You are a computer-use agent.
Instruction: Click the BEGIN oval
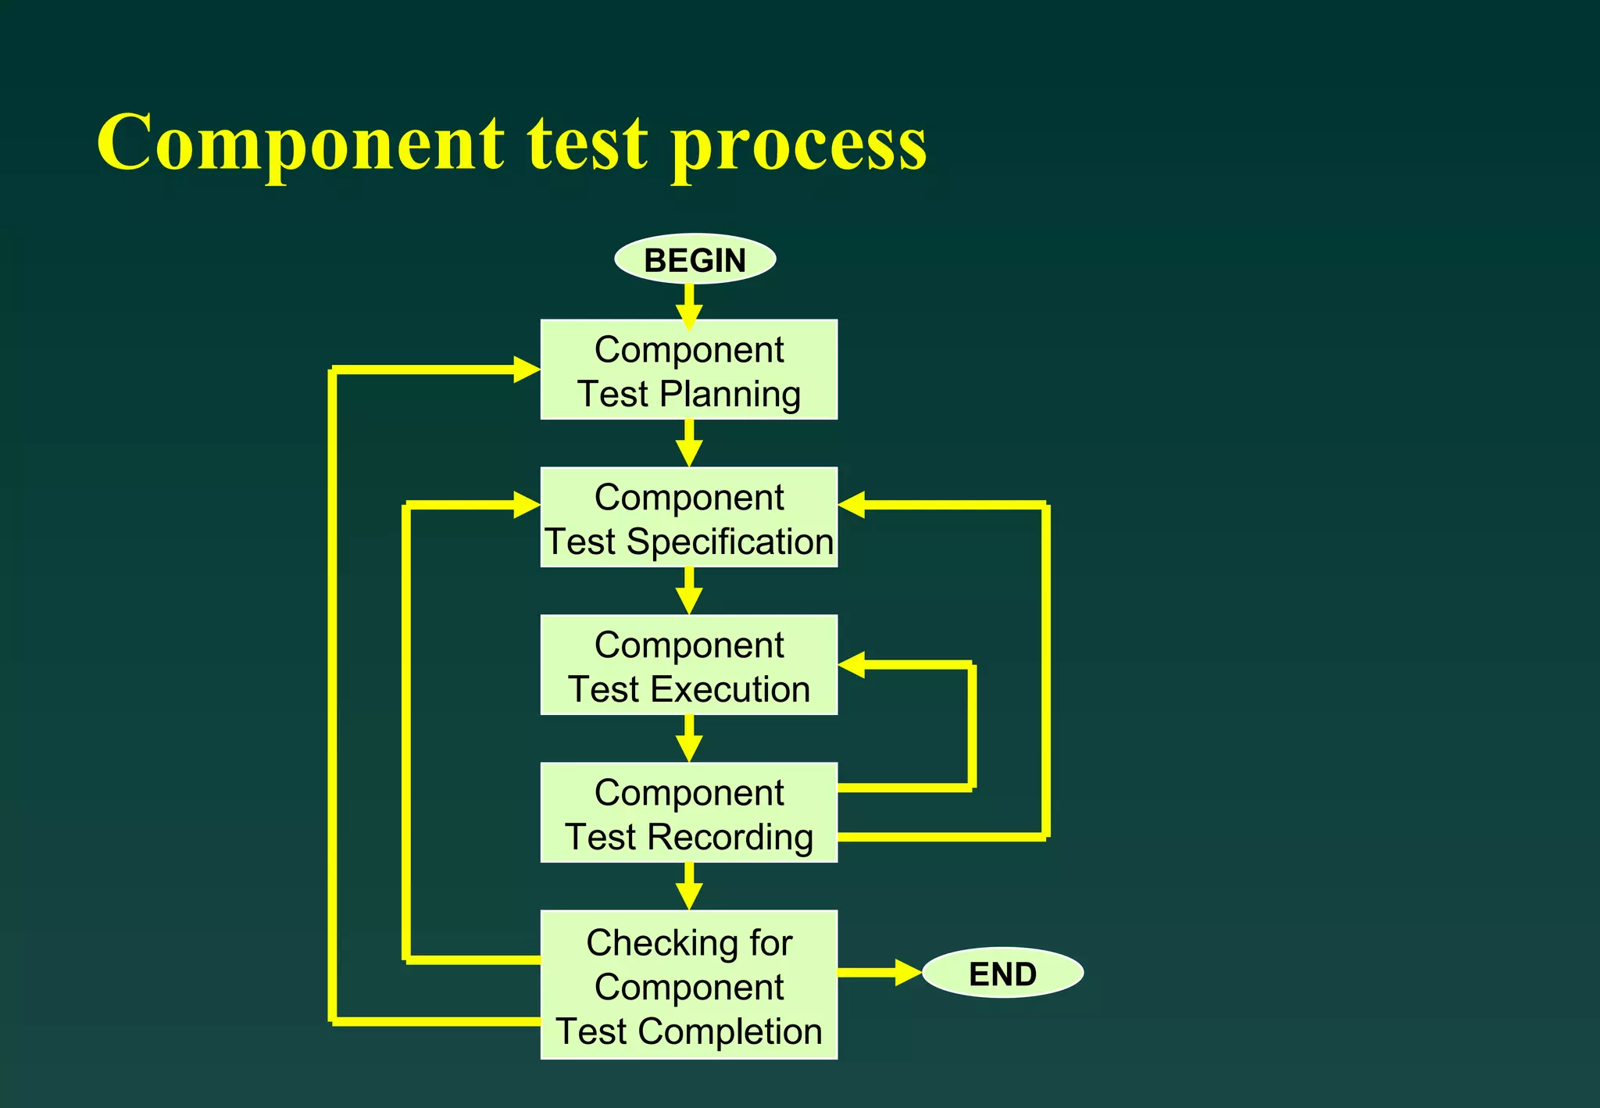tap(695, 259)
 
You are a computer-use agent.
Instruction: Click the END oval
tap(1002, 974)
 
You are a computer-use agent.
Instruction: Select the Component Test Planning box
tap(688, 370)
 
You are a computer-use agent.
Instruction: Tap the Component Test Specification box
tap(688, 517)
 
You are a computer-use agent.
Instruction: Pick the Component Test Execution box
tap(688, 665)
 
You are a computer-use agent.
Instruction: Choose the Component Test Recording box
tap(688, 813)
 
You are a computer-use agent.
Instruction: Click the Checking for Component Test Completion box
tap(688, 985)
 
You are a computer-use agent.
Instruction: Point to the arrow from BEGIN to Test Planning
tap(689, 305)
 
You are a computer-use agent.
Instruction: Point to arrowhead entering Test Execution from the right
tap(852, 665)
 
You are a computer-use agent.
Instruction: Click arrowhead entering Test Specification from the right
tap(852, 505)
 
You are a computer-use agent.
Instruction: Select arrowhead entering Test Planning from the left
tap(527, 370)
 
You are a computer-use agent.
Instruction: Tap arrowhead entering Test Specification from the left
tap(527, 505)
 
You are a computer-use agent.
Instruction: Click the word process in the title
tap(798, 145)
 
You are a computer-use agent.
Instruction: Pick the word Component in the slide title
tap(301, 145)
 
